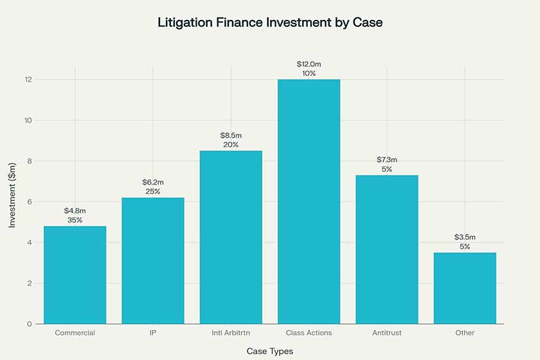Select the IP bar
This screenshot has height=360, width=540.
(x=153, y=260)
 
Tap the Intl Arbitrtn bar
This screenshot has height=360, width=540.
(x=231, y=237)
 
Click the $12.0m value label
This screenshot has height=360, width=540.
(x=309, y=64)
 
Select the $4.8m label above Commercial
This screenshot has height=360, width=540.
(x=75, y=210)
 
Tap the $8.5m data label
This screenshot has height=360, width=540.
(x=231, y=135)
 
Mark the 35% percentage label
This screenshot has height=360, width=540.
(x=75, y=220)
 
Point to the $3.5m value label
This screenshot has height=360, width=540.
(x=465, y=237)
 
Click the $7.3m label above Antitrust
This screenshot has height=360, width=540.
(x=387, y=159)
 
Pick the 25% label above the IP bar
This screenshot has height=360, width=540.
(x=153, y=192)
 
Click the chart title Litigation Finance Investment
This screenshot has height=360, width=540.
(x=270, y=22)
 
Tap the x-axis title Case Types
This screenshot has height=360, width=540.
(x=270, y=352)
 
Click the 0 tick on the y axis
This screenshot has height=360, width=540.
(x=30, y=324)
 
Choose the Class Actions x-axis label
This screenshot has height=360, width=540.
(x=309, y=333)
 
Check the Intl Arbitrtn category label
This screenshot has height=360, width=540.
(x=231, y=333)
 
